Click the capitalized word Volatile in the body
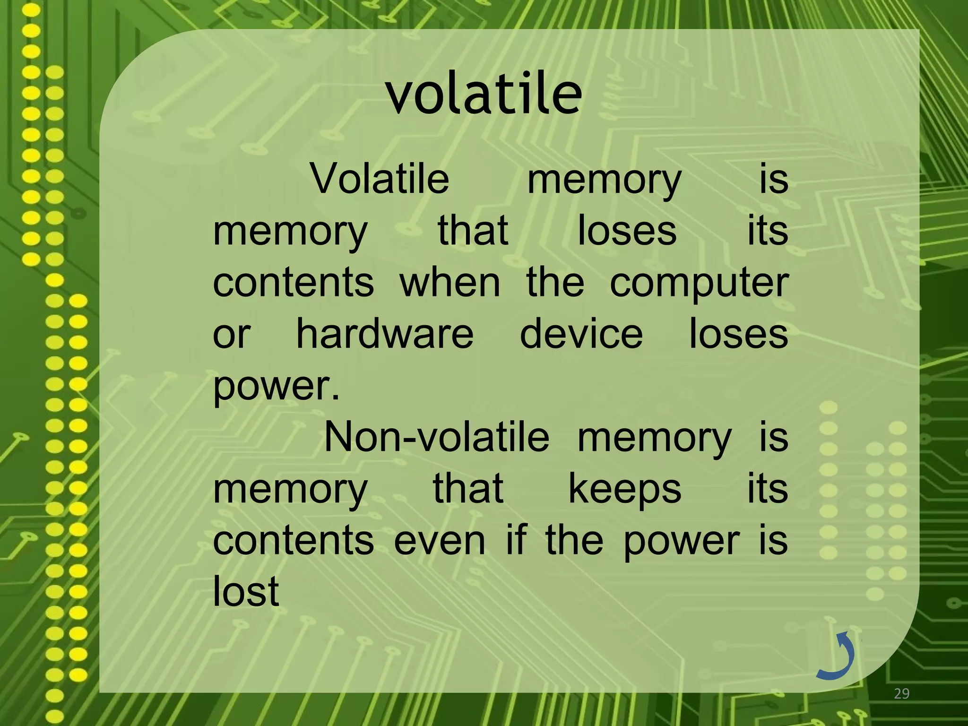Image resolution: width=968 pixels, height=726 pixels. [x=380, y=179]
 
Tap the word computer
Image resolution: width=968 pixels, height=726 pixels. [x=699, y=283]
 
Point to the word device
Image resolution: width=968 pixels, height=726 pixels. [x=581, y=334]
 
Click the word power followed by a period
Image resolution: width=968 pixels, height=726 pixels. [x=276, y=387]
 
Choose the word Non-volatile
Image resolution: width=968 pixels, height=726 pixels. [x=436, y=437]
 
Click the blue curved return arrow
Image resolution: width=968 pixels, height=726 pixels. [x=837, y=655]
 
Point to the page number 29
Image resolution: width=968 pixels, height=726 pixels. [x=901, y=694]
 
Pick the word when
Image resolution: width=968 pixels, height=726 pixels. [x=449, y=283]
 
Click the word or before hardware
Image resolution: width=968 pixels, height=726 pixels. [x=231, y=335]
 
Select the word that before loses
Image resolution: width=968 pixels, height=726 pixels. [x=473, y=231]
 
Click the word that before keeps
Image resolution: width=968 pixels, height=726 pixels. [x=468, y=489]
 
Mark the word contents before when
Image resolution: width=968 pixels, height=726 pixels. [x=293, y=283]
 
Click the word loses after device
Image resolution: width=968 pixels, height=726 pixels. [x=738, y=334]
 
